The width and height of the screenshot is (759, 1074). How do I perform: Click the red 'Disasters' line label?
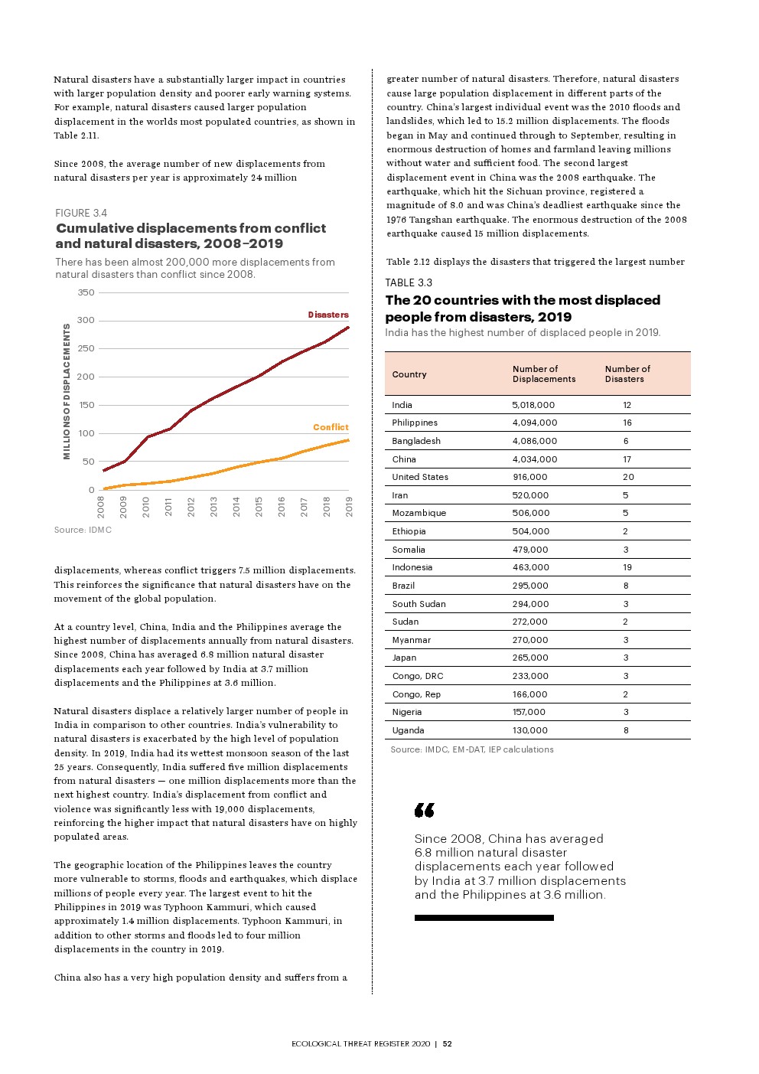(328, 315)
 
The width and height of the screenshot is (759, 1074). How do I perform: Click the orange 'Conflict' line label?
(331, 427)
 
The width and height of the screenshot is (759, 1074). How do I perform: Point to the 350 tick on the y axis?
(86, 292)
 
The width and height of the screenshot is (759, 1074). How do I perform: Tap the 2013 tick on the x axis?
(213, 506)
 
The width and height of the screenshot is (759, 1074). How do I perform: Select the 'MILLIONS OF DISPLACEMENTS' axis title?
(67, 391)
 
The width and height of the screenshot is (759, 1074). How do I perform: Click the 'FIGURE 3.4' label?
(81, 213)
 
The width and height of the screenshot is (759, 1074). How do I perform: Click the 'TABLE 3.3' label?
(409, 282)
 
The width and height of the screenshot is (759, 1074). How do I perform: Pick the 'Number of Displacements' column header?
(543, 374)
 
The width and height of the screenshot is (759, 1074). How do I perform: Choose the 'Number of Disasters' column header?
(627, 374)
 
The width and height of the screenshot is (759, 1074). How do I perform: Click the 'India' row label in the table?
(402, 405)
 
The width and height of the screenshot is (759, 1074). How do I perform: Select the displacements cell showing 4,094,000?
(534, 423)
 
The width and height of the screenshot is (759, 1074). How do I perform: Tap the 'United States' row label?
(420, 477)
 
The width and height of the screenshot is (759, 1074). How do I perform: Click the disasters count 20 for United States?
(628, 477)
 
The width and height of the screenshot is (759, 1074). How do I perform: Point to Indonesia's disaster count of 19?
(627, 567)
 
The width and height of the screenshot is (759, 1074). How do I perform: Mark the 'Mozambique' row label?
(419, 513)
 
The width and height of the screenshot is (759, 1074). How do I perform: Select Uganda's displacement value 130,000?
(529, 730)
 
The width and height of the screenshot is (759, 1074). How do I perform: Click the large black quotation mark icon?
(425, 810)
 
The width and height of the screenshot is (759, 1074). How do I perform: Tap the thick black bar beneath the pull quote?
(484, 918)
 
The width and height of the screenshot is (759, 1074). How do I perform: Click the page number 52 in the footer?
(448, 1044)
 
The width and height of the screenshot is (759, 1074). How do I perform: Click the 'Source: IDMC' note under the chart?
(83, 530)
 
